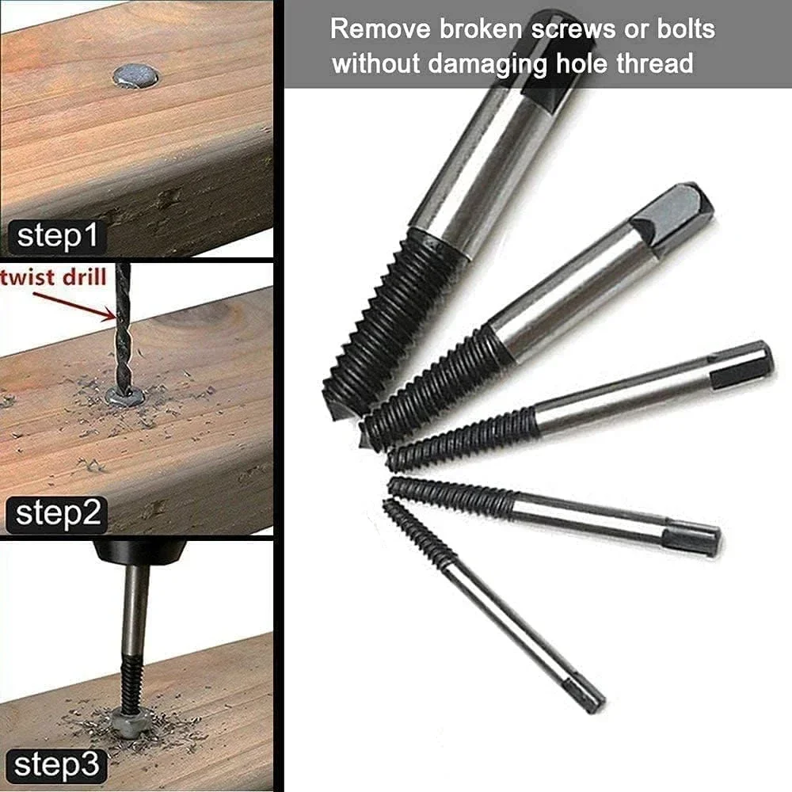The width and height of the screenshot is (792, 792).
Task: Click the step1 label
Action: (x=55, y=237)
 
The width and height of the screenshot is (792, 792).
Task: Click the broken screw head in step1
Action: (x=135, y=76)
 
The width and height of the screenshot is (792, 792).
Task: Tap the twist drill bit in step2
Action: (x=123, y=333)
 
